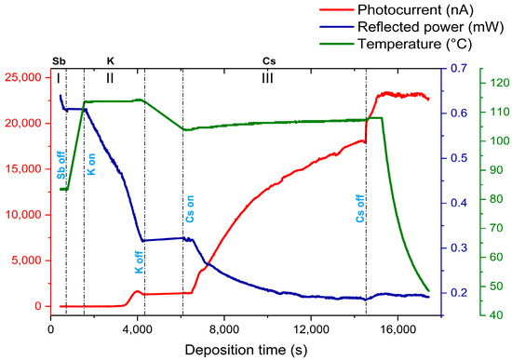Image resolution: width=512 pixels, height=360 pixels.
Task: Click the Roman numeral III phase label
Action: pos(268,78)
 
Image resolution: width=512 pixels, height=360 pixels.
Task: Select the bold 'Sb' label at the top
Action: pos(60,61)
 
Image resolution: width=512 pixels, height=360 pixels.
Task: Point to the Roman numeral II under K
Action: pos(110,78)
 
